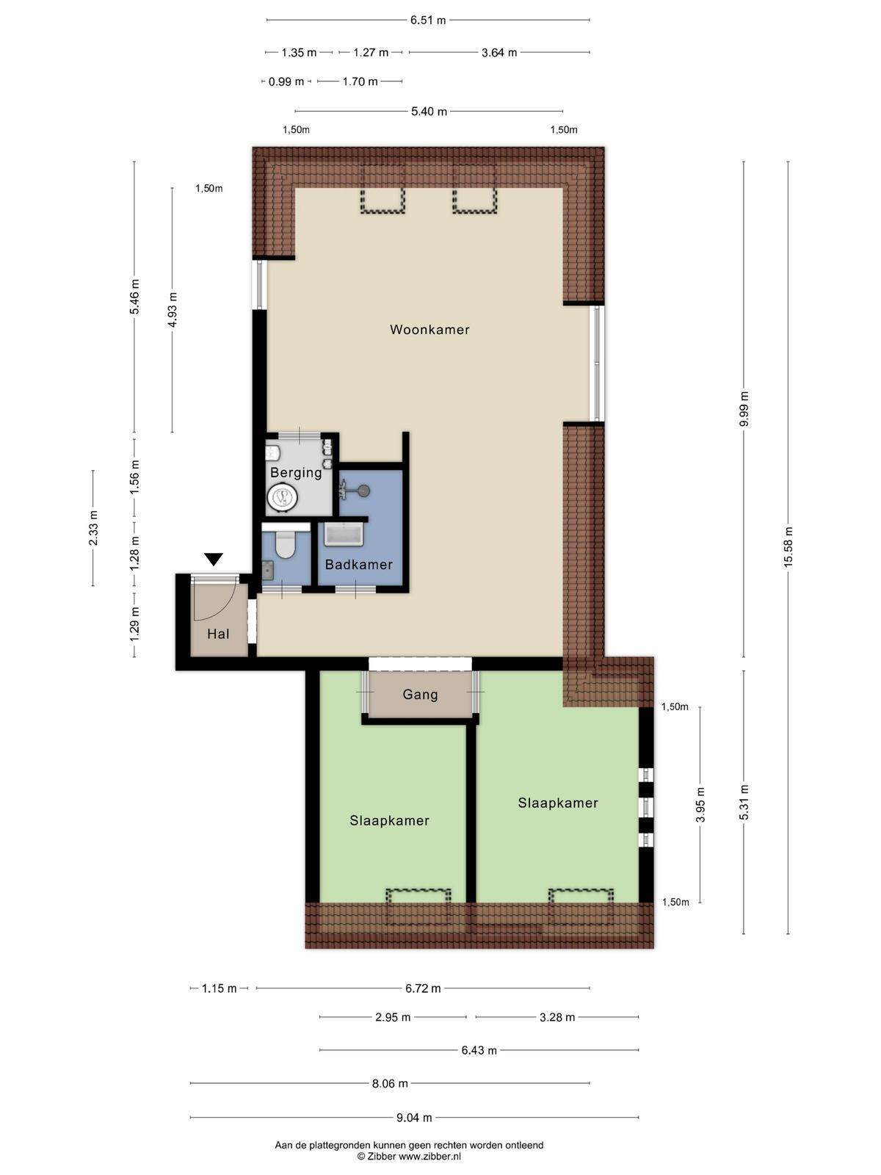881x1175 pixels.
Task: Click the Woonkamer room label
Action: click(x=429, y=330)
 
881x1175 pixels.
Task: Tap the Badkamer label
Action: click(x=358, y=565)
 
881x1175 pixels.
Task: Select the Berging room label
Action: click(x=296, y=473)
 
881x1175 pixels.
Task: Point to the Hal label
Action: click(x=218, y=634)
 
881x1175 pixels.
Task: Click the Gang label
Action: click(x=420, y=695)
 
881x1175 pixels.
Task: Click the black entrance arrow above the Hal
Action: click(x=214, y=560)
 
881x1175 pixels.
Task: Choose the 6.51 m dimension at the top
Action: click(x=428, y=21)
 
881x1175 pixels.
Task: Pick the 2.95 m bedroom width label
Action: click(x=393, y=1018)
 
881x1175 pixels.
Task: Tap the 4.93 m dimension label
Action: click(x=173, y=309)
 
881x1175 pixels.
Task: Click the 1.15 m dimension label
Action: click(x=219, y=988)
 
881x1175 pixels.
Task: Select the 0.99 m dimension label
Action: click(x=286, y=82)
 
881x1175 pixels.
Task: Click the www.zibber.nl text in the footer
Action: click(x=429, y=1157)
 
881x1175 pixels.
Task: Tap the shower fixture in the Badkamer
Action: click(x=355, y=489)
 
